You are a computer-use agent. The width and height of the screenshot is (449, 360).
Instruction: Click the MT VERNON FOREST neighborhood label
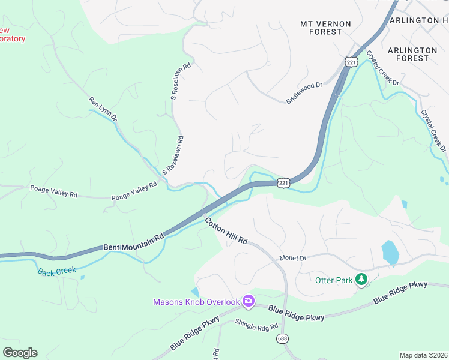tap(325, 28)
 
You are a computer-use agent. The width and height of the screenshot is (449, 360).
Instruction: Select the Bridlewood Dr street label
tap(304, 93)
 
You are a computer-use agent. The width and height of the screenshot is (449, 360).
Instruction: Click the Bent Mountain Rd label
tap(133, 242)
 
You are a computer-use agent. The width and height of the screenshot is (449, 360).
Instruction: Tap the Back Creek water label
tap(57, 271)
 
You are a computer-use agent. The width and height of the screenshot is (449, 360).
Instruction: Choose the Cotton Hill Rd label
tap(226, 231)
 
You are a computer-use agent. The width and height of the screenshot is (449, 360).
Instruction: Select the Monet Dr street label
tap(293, 258)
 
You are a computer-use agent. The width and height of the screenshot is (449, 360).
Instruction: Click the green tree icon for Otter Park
tap(361, 279)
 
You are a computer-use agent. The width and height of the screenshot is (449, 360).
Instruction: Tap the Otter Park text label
tap(333, 280)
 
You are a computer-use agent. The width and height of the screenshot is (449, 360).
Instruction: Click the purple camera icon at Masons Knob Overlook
tap(248, 301)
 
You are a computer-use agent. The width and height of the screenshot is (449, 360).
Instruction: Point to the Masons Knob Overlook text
tap(196, 302)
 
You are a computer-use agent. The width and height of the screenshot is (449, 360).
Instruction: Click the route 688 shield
tap(282, 339)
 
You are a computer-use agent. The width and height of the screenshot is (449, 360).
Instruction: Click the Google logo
tap(20, 353)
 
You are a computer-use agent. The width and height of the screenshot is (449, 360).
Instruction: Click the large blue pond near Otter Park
tap(390, 252)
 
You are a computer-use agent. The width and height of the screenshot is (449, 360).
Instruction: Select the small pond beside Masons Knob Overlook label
tap(195, 292)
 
